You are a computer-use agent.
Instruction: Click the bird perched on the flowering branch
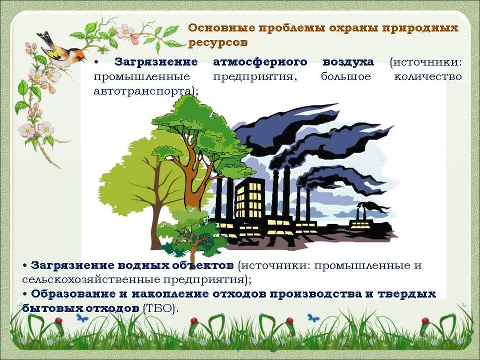click(x=61, y=49)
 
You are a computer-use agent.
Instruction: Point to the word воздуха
click(x=348, y=62)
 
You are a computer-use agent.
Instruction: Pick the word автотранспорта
click(x=145, y=91)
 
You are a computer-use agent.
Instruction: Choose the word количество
click(x=428, y=76)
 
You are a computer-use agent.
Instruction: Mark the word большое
click(x=345, y=76)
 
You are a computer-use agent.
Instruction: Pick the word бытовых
click(x=47, y=308)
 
